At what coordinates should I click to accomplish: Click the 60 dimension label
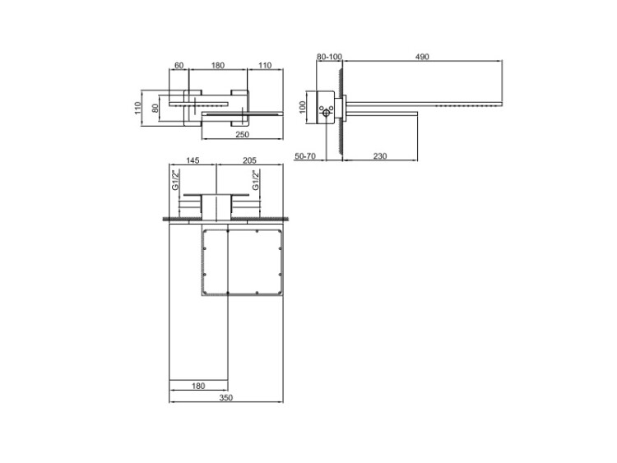coord(179,65)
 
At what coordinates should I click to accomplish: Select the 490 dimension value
coord(422,57)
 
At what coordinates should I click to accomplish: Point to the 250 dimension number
coord(242,134)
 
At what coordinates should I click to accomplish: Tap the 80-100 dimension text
coord(329,57)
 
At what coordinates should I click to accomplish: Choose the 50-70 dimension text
coord(305,156)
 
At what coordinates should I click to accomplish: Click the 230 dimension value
coord(380,156)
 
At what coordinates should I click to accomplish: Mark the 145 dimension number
coord(193,160)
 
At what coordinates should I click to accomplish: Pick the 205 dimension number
coord(249,160)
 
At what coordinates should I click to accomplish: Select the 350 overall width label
coord(226,398)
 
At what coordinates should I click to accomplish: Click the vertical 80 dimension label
coord(155,108)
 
